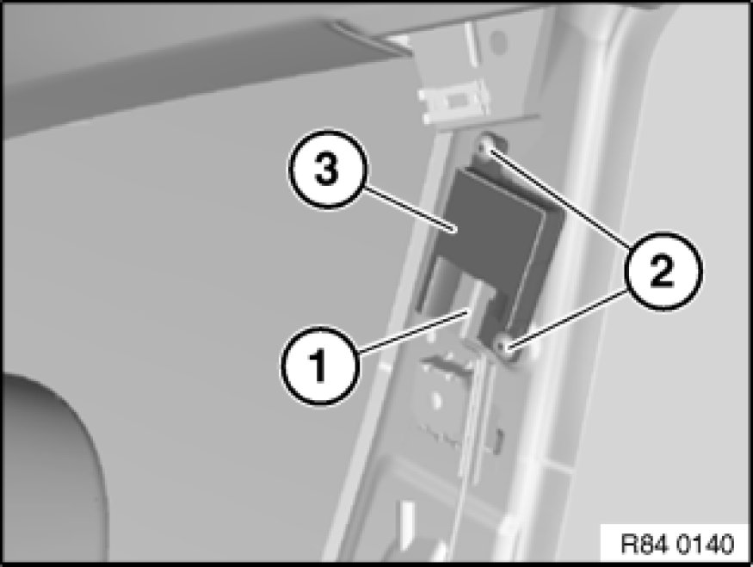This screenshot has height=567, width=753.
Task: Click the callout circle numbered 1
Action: (x=319, y=366)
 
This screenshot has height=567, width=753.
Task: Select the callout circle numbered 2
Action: (x=664, y=271)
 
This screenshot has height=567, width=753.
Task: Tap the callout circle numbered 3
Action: (x=328, y=169)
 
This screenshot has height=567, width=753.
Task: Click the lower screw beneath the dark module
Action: (x=504, y=347)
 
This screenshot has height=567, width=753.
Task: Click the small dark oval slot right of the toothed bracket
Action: (x=499, y=440)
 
